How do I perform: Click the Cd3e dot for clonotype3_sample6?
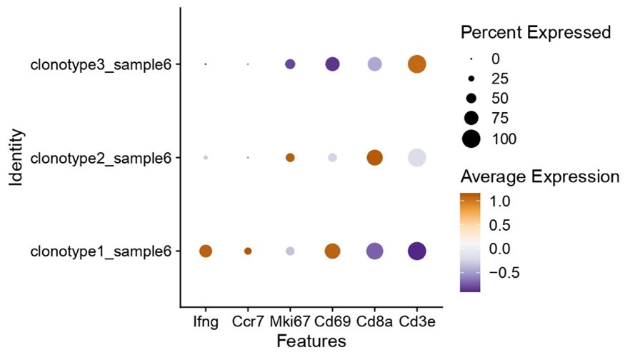coord(416,64)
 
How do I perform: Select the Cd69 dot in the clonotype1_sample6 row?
coord(332,251)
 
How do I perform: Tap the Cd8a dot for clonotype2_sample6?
coord(374,157)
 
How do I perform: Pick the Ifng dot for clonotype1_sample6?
coord(206,251)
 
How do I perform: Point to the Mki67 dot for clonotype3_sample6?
coord(290,64)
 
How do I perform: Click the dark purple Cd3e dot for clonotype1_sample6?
coord(416,251)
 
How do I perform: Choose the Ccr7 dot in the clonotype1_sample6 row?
coord(248,251)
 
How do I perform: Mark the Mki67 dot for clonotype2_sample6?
coord(290,157)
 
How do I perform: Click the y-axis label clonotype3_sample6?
coord(101,64)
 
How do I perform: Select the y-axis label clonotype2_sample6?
coord(101,157)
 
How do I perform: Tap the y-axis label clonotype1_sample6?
coord(101,251)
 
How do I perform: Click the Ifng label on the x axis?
coord(206,321)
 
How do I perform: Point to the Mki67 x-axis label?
coord(290,321)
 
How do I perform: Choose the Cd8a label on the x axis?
coord(374,321)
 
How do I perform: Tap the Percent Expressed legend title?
coord(536,33)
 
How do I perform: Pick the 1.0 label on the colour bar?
coord(500,202)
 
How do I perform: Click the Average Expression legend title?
coord(541,176)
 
